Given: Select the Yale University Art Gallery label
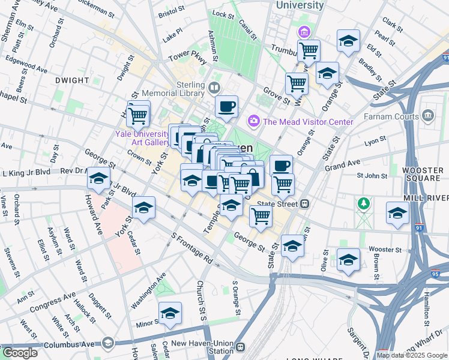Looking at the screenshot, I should pos(143,137).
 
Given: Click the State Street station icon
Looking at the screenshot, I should pos(305,204).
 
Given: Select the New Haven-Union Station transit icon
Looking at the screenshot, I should pos(241,347).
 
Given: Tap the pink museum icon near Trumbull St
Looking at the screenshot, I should pos(305,31).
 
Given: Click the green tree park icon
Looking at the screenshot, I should pos(363,204).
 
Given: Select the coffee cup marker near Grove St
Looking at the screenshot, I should pos(226,106).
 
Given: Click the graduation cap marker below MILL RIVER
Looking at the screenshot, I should pos(397,213).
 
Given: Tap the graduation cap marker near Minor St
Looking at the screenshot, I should pos(170,313).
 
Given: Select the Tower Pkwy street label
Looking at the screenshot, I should pos(187,59).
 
